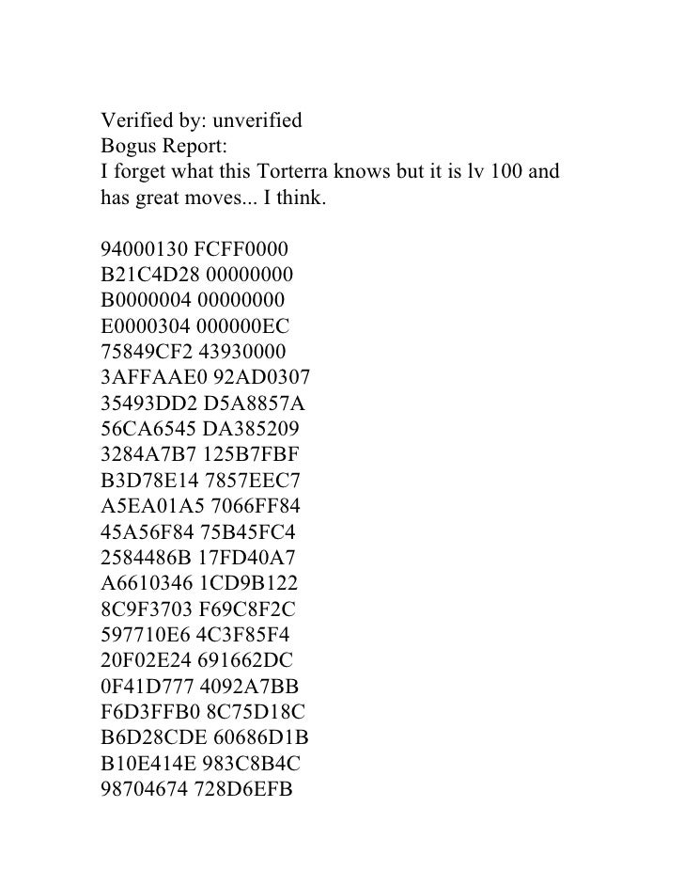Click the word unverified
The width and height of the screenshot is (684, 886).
(x=255, y=121)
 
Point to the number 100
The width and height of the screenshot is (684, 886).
(x=509, y=173)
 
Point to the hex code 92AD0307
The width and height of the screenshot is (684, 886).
(x=253, y=379)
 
